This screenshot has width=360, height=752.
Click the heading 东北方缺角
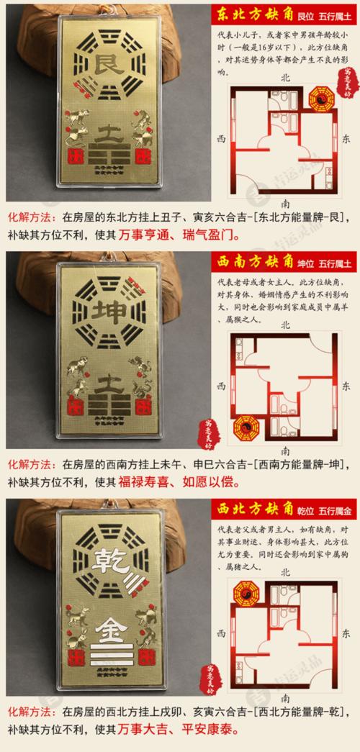247,14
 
